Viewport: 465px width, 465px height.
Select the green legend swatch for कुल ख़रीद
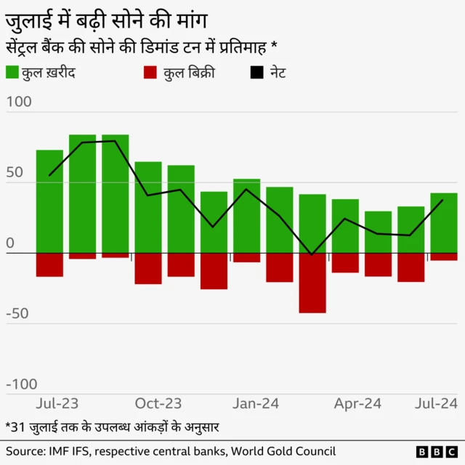[x=13, y=73]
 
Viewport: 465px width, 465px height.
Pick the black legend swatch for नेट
[x=256, y=73]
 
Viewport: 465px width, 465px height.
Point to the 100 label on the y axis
[x=19, y=102]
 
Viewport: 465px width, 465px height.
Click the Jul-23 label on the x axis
[x=57, y=403]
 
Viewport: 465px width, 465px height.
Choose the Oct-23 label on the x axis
[x=158, y=403]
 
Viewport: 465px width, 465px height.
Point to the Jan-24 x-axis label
[x=256, y=403]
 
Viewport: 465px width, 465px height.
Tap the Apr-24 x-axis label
[x=357, y=403]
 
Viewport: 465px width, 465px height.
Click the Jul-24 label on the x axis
[x=436, y=403]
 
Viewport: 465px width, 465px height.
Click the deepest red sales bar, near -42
[x=312, y=283]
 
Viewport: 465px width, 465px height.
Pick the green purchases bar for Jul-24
[x=444, y=223]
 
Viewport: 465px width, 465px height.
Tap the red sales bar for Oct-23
[x=148, y=268]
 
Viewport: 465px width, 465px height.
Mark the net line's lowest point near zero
[x=312, y=254]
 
